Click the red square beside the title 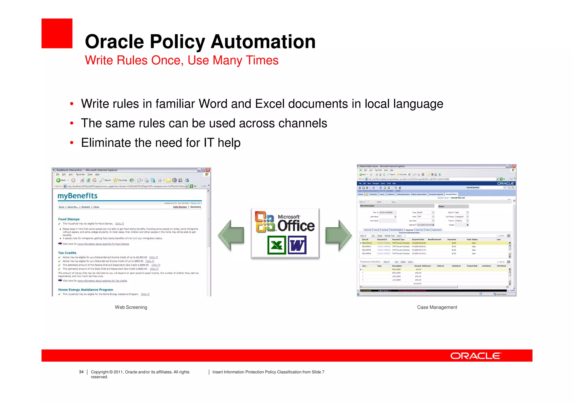click(57, 33)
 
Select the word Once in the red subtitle click(165, 60)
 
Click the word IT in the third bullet click(209, 143)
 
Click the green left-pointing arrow click(231, 235)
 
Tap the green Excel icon click(277, 245)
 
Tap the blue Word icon click(297, 245)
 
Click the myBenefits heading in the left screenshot click(77, 196)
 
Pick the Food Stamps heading click(69, 219)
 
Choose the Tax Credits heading click(67, 253)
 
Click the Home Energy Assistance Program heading click(85, 290)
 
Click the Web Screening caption click(131, 307)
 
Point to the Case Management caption click(437, 307)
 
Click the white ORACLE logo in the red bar click(476, 356)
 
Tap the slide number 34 click(81, 372)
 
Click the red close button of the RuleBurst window click(208, 170)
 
